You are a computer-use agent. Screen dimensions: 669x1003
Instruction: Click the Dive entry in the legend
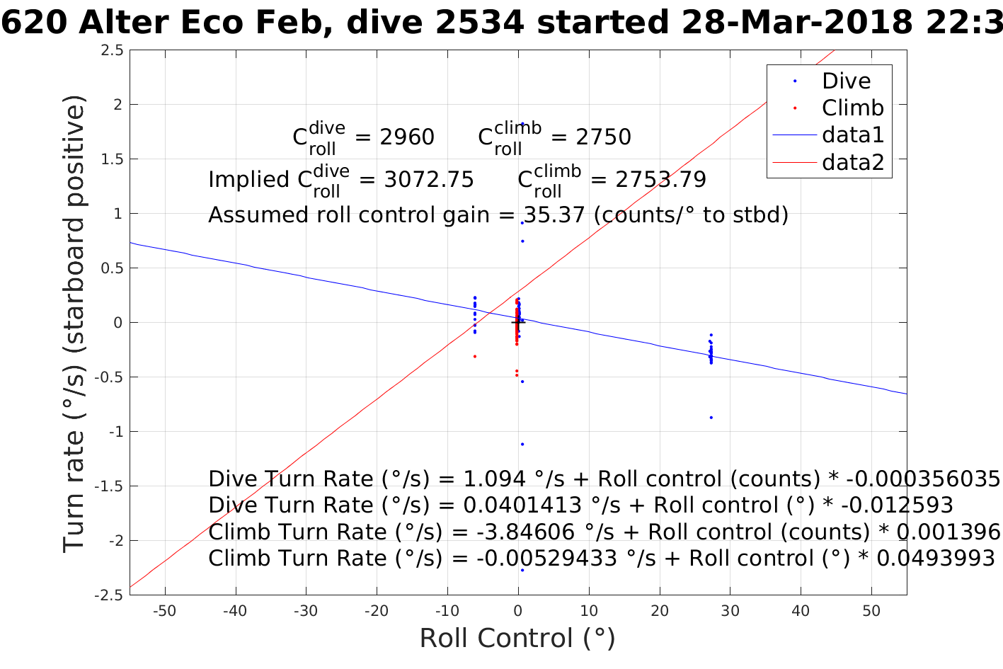(846, 81)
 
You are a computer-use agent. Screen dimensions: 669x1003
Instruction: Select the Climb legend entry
(852, 108)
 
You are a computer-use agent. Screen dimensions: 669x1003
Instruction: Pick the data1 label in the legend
(852, 135)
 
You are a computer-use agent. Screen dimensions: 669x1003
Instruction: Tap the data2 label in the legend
(852, 162)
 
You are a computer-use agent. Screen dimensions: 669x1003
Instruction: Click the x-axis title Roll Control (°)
(517, 639)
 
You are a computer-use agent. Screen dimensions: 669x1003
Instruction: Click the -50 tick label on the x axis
(164, 611)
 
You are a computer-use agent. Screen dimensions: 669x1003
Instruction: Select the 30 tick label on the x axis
(730, 611)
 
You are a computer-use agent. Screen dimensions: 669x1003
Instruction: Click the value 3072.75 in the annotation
(429, 180)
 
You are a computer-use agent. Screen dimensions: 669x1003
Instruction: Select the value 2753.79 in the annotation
(660, 180)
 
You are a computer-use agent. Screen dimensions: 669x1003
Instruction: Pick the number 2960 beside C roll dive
(407, 137)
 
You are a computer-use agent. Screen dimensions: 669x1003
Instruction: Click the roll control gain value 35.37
(554, 215)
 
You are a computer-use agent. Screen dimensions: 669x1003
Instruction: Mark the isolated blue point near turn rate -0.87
(711, 418)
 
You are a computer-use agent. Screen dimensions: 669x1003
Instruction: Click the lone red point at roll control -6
(474, 356)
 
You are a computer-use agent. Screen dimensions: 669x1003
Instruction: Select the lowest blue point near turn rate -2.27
(522, 570)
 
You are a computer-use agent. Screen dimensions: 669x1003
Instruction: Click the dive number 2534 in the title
(481, 23)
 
